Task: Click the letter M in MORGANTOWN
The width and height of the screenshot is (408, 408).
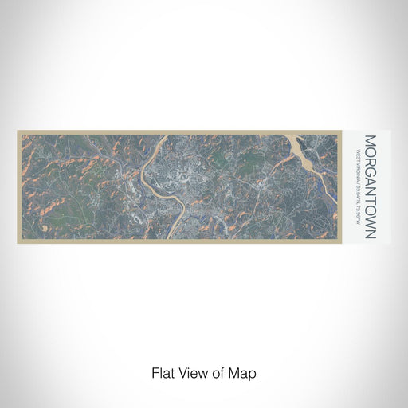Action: [x=370, y=141]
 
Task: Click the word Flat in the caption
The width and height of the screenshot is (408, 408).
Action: [x=162, y=371]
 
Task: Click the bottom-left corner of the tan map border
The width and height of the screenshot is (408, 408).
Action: [x=18, y=242]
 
